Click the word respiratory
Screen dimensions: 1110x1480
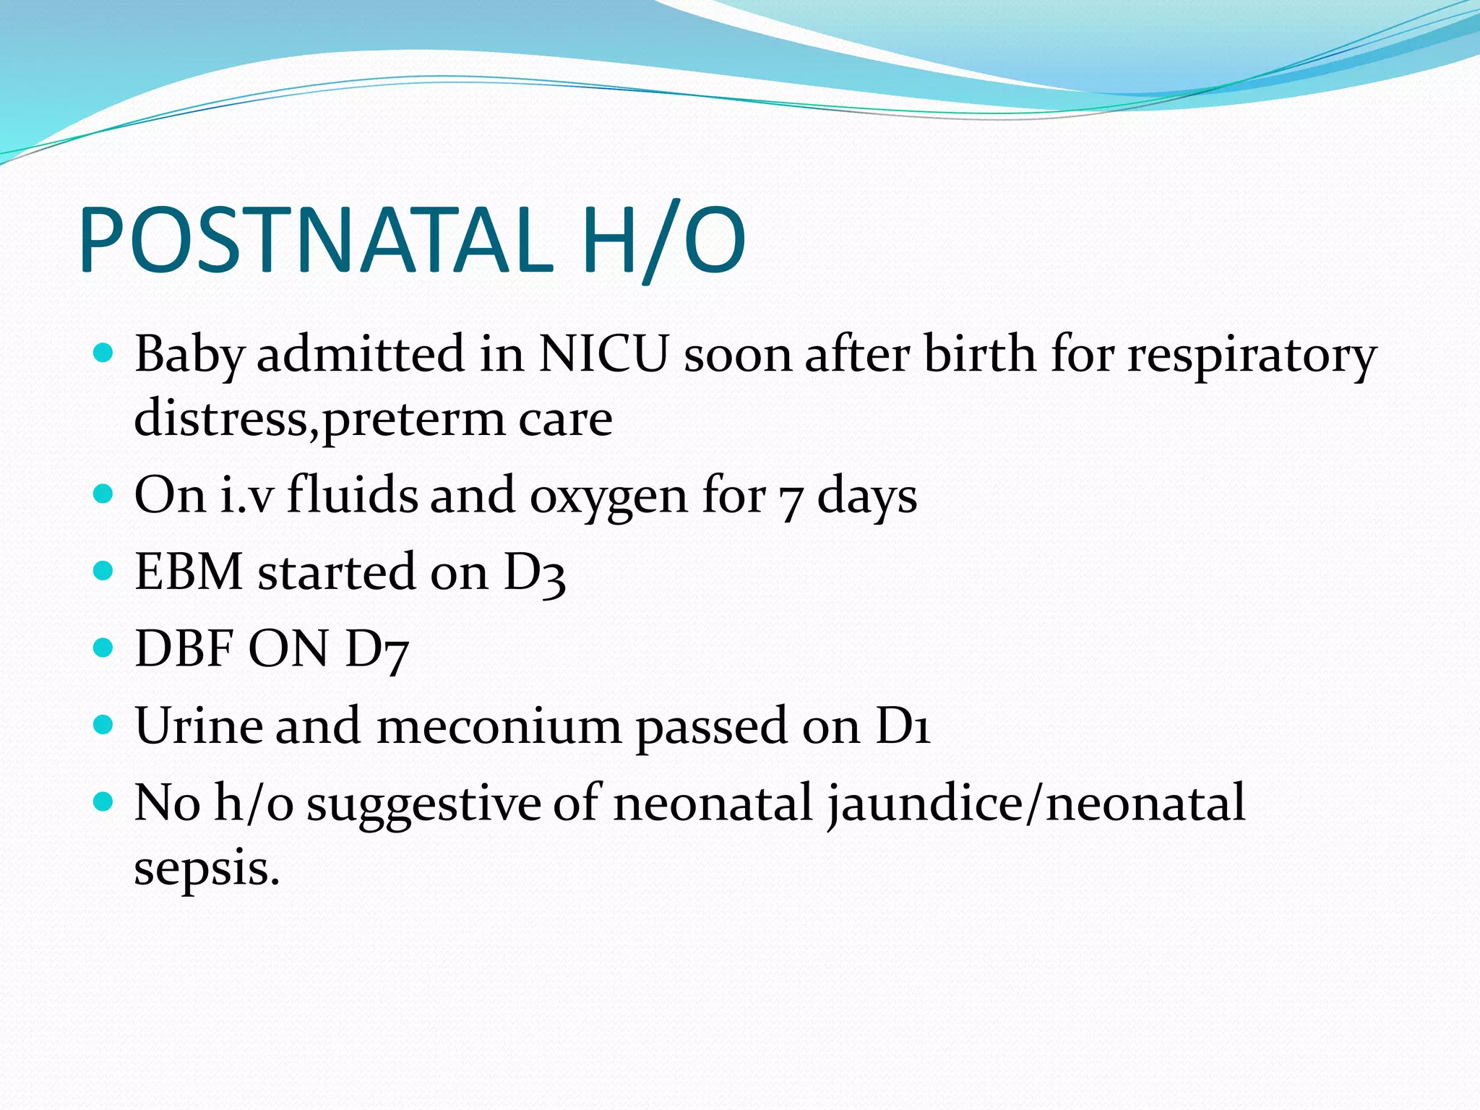[1252, 356]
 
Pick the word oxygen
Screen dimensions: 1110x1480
[608, 497]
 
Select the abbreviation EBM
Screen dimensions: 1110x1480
[189, 572]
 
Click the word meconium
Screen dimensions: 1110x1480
[499, 726]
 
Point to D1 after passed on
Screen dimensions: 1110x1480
[903, 726]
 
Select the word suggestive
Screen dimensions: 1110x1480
[424, 804]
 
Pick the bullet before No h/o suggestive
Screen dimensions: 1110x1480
[104, 801]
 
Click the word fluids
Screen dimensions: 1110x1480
[352, 496]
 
